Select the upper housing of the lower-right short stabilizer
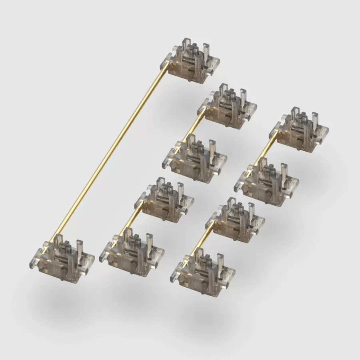[x=238, y=220]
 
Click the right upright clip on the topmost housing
[x=206, y=52]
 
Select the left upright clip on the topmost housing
[x=186, y=46]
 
